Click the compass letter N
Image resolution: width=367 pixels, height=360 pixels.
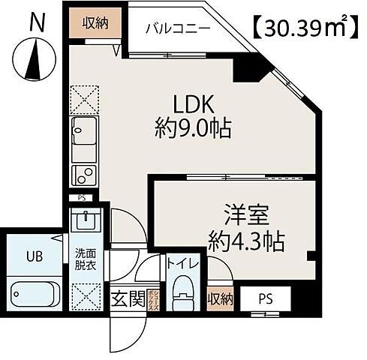(x=35, y=22)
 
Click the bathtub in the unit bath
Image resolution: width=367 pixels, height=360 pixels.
(x=36, y=292)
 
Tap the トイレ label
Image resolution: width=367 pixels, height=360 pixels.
(x=182, y=265)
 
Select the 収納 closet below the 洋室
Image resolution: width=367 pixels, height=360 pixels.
(x=219, y=297)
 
